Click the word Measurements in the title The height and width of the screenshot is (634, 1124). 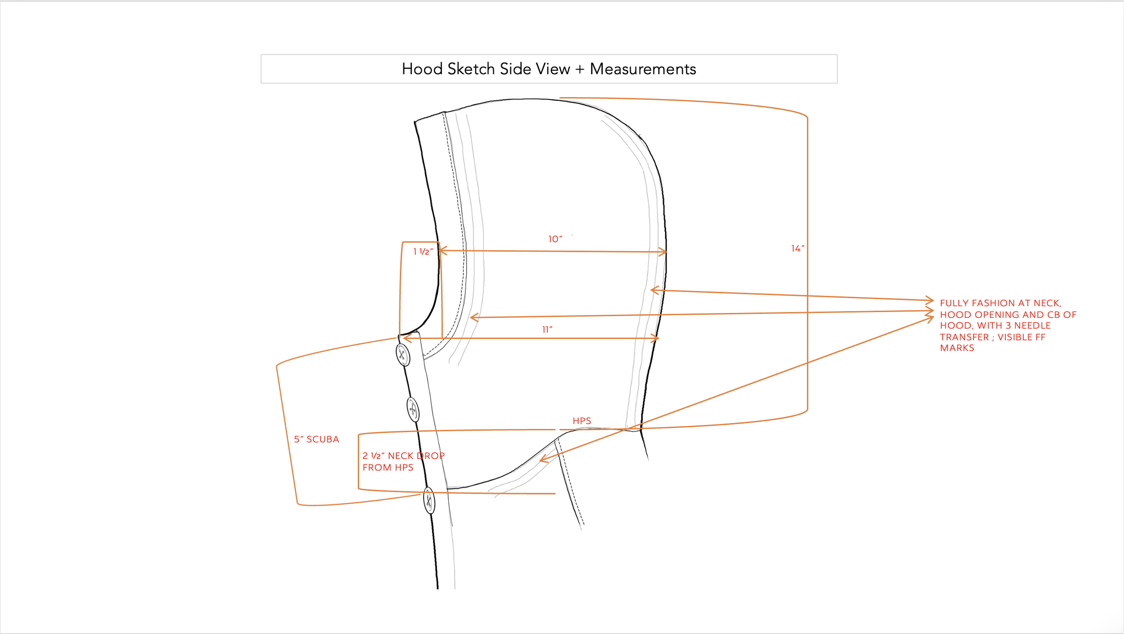642,69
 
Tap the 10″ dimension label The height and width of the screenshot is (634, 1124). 555,239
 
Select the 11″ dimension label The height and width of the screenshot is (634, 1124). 547,330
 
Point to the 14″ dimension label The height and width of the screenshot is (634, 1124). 798,249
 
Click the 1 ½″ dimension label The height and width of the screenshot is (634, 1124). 423,252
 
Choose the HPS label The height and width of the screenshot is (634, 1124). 582,421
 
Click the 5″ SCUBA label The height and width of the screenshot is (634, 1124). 317,439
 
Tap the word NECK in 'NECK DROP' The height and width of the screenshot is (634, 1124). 401,456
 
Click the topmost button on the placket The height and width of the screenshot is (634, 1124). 403,355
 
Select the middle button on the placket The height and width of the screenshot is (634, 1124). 413,409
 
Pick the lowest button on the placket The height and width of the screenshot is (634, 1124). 429,500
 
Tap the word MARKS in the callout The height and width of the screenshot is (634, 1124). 957,348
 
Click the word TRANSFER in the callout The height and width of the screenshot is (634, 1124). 964,337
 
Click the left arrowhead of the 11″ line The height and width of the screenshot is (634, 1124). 406,338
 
